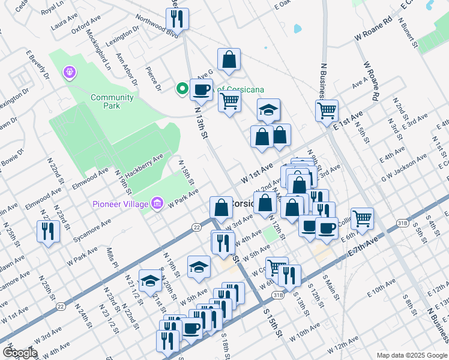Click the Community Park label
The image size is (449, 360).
click(112, 101)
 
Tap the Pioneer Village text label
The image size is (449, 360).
click(119, 204)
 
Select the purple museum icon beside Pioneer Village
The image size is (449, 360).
click(157, 204)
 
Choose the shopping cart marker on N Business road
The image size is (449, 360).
click(327, 110)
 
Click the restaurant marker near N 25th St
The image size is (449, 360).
click(48, 231)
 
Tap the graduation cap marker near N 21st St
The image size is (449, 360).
click(149, 280)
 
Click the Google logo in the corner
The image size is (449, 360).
click(20, 352)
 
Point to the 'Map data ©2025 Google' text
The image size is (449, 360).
click(411, 355)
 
